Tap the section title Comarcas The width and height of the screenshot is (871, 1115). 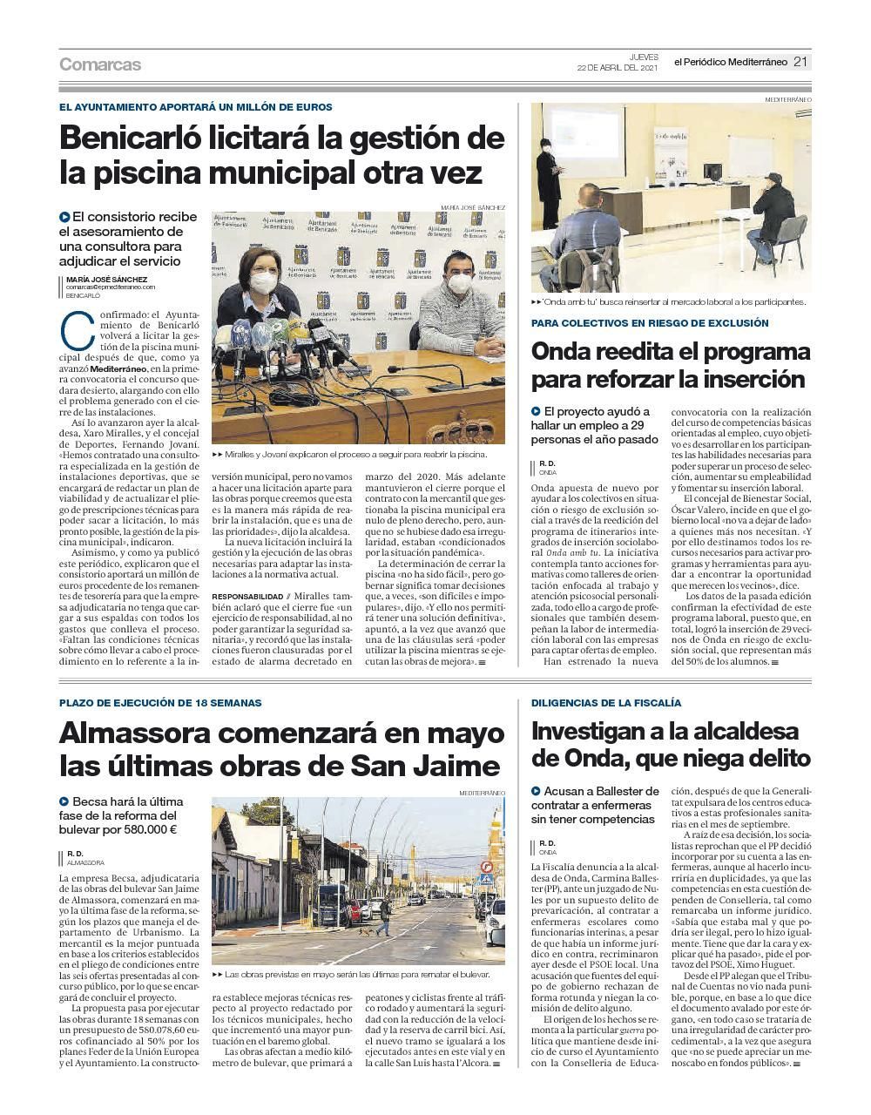(100, 64)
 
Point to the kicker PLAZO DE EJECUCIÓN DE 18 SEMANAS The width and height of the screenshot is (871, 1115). (160, 702)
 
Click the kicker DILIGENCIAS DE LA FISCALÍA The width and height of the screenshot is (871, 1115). (606, 702)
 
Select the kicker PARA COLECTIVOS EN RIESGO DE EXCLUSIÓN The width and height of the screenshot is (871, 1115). (650, 323)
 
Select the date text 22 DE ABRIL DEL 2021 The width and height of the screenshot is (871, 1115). (616, 68)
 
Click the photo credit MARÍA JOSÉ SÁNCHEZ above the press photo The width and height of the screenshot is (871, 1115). (472, 207)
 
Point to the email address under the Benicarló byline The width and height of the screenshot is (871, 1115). (111, 287)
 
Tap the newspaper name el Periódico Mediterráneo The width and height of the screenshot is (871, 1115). (730, 62)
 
